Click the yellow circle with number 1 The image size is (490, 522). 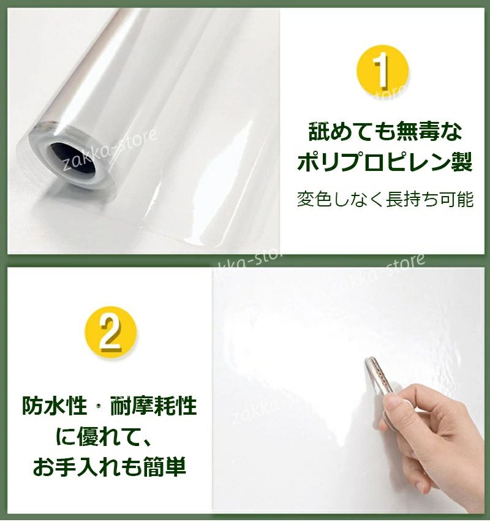(382, 71)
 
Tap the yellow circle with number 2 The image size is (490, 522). (110, 333)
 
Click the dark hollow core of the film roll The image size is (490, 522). (71, 160)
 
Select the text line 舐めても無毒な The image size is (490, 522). (385, 132)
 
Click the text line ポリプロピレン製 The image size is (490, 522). (385, 162)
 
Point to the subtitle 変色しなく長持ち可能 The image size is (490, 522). (385, 200)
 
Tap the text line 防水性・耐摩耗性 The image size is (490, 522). (110, 406)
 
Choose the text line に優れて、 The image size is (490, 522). (105, 437)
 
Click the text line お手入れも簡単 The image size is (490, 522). (109, 467)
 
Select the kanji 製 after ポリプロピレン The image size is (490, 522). (462, 162)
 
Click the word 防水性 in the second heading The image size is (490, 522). (55, 406)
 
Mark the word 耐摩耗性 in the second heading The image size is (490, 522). (154, 406)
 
